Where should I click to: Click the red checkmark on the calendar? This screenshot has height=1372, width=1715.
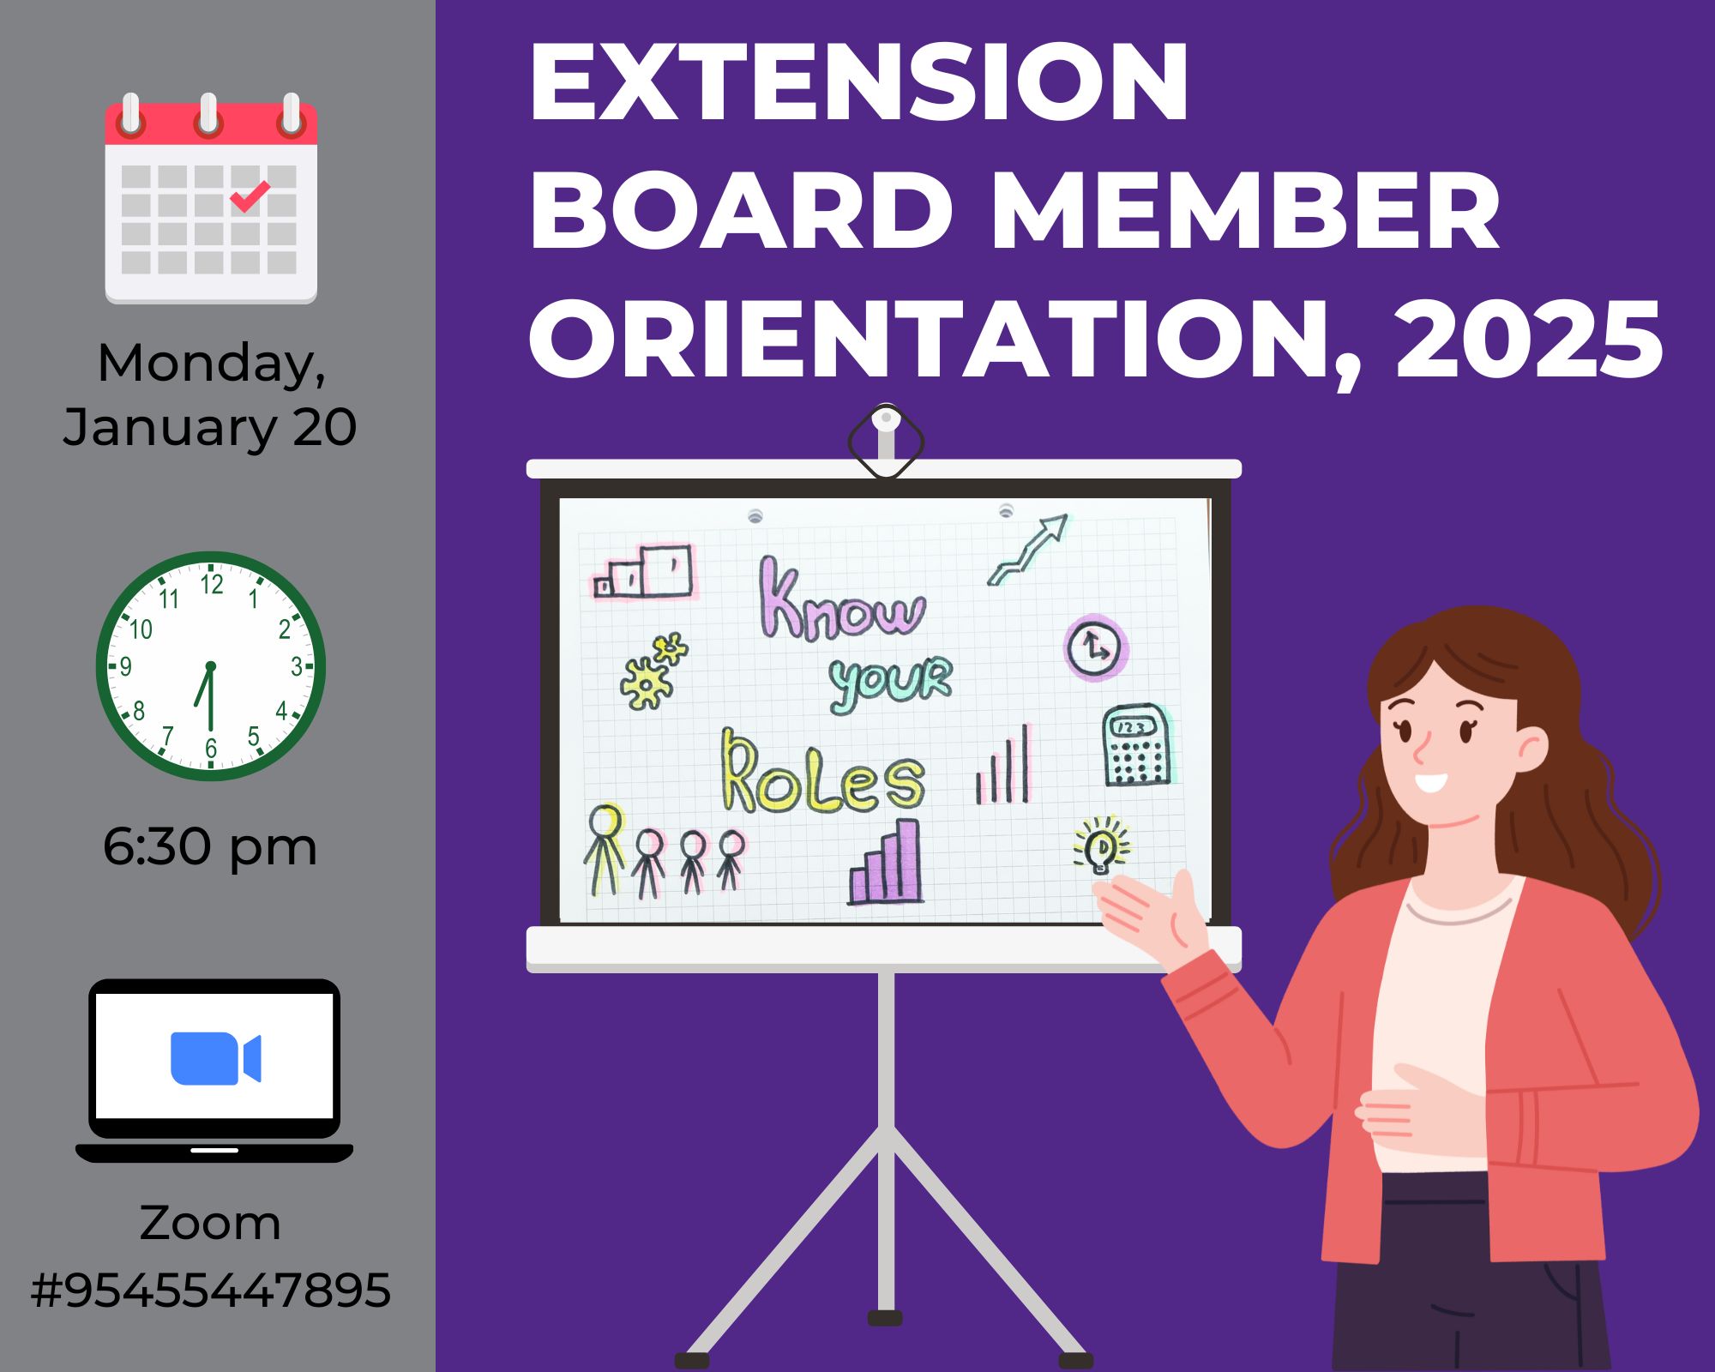point(250,196)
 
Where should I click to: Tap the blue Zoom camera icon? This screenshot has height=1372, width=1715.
point(215,1058)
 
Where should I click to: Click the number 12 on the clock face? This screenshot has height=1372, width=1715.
point(212,584)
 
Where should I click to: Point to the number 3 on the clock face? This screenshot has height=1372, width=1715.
point(297,666)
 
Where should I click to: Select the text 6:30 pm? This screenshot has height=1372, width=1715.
point(210,846)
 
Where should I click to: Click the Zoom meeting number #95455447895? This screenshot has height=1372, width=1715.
point(210,1290)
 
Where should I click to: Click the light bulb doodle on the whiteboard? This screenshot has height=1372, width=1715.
point(1101,845)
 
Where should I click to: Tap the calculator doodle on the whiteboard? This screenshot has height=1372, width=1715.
point(1136,744)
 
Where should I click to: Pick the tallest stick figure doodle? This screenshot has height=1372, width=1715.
point(605,848)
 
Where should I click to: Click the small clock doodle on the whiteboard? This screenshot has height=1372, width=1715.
point(1096,647)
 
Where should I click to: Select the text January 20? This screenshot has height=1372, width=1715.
point(210,426)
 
